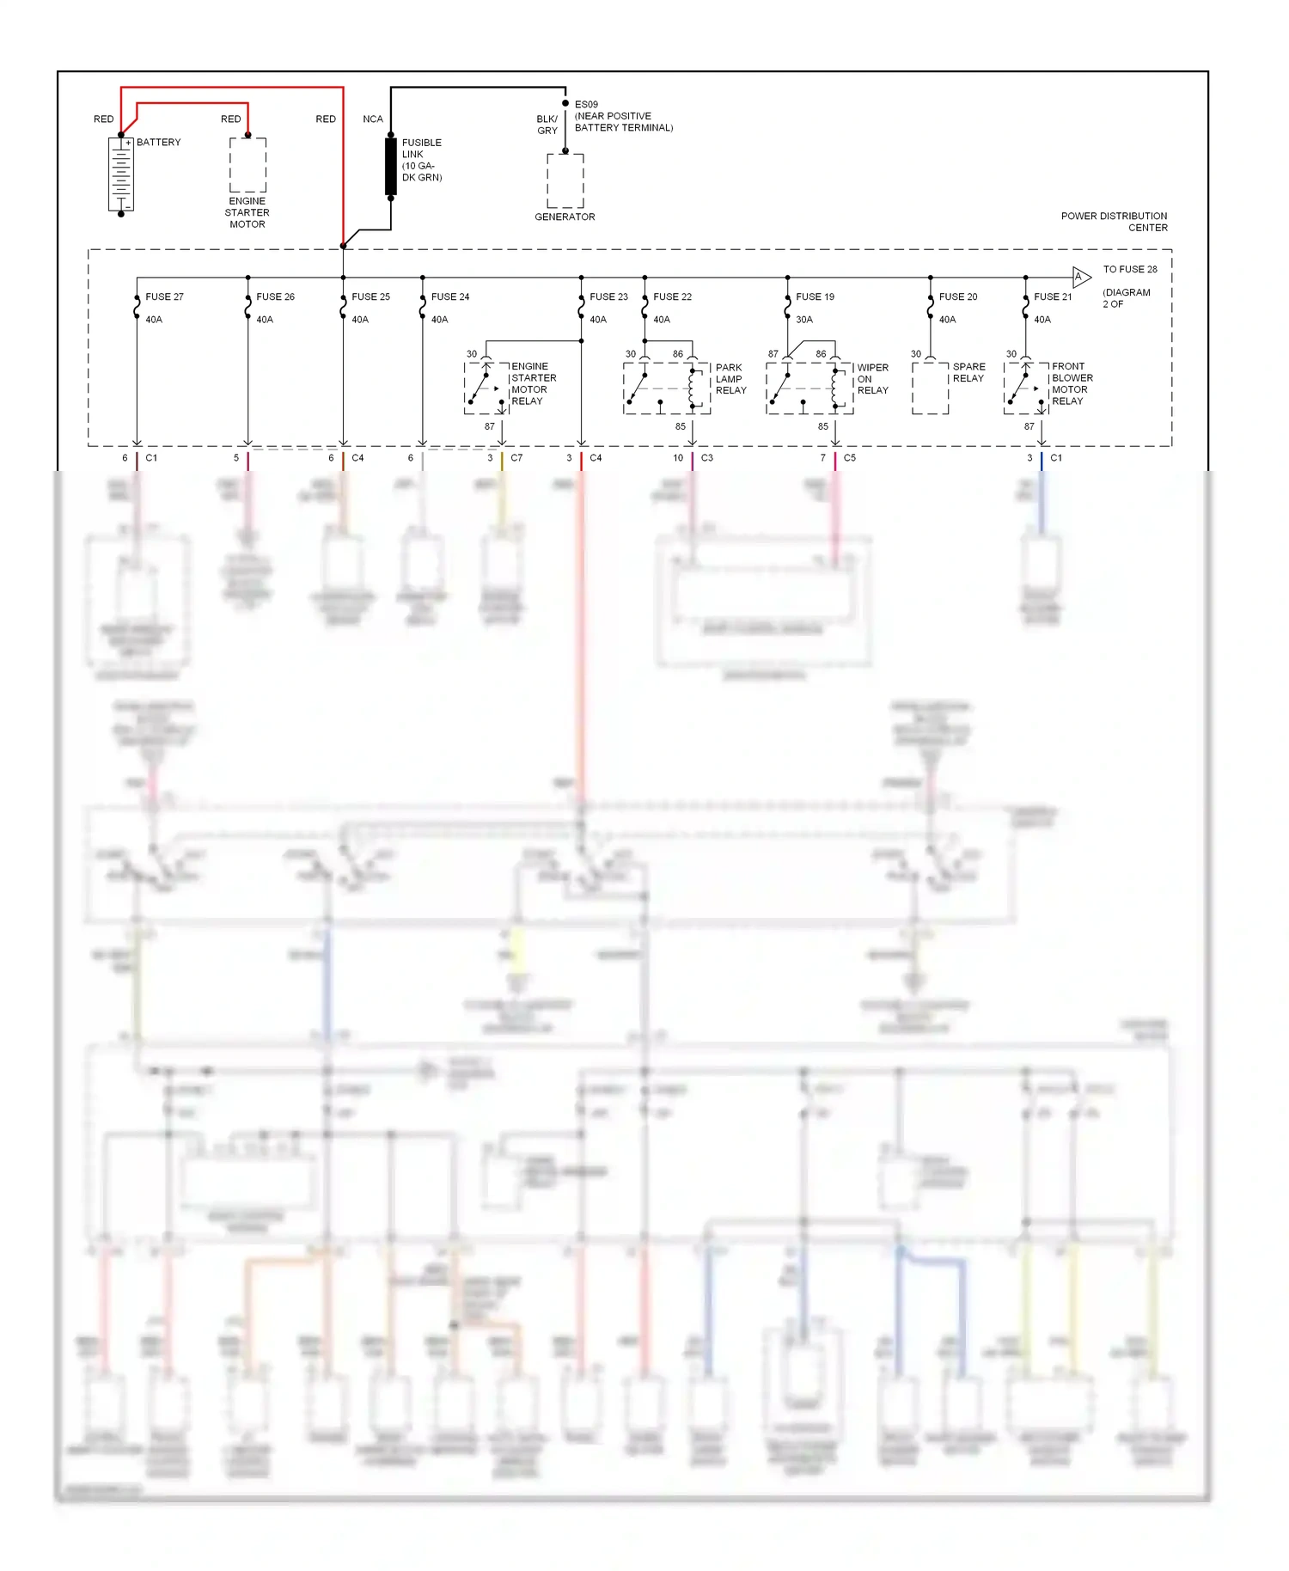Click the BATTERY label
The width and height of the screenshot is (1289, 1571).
[158, 142]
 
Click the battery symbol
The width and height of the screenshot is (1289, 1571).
[121, 174]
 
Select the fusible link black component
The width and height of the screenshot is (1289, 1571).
[391, 166]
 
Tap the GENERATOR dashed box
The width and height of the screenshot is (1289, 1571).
[565, 180]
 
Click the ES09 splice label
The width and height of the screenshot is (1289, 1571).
[586, 104]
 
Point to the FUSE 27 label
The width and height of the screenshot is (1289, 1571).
[164, 296]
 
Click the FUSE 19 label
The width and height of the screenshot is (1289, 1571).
[815, 296]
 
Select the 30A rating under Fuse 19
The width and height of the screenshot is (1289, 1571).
[804, 320]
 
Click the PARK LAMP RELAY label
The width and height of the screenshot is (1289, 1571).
[730, 379]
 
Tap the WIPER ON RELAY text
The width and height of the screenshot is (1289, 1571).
[872, 379]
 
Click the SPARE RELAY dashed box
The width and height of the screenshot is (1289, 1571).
[930, 388]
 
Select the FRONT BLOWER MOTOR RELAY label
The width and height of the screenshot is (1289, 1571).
[1072, 383]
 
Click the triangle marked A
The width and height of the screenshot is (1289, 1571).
[1081, 277]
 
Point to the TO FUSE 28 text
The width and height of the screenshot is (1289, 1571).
[1130, 269]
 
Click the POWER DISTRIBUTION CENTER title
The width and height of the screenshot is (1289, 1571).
[1115, 222]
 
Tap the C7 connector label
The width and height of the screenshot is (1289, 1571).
[516, 458]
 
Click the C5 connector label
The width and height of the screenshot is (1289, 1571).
[849, 458]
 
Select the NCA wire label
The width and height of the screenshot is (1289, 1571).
[373, 119]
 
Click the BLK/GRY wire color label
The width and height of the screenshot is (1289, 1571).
[547, 125]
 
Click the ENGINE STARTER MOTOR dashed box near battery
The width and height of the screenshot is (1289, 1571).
[247, 165]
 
